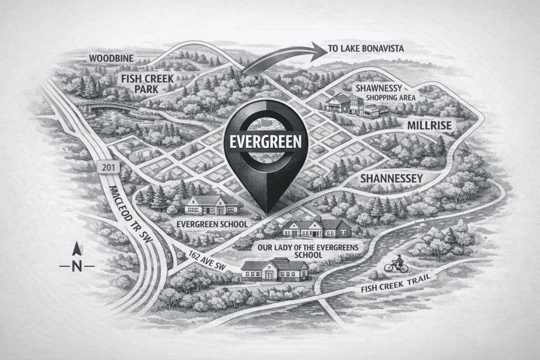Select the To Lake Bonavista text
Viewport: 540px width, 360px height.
coord(365,49)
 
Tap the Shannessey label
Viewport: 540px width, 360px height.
coord(391,179)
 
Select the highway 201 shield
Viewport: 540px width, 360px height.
coord(107,168)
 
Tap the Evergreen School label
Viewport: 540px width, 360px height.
coord(212,224)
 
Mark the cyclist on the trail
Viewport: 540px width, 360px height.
coord(397,263)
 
